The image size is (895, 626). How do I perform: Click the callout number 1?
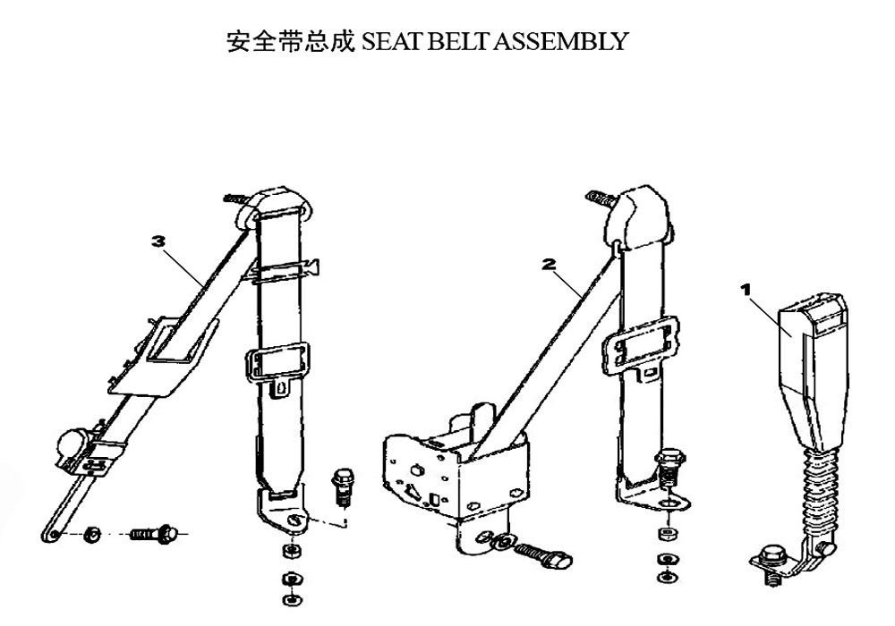point(746,290)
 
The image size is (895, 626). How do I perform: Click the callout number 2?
point(549,264)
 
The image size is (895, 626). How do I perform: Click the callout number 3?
point(158,241)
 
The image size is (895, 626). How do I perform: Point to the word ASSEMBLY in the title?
point(560,42)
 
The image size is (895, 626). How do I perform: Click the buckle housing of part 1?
point(813,370)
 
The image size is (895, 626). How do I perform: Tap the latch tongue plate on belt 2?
point(640,347)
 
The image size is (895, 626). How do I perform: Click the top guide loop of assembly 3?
point(273,208)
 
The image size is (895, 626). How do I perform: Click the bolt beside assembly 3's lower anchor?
point(342,486)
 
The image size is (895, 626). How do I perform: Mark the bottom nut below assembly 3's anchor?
point(293,599)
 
